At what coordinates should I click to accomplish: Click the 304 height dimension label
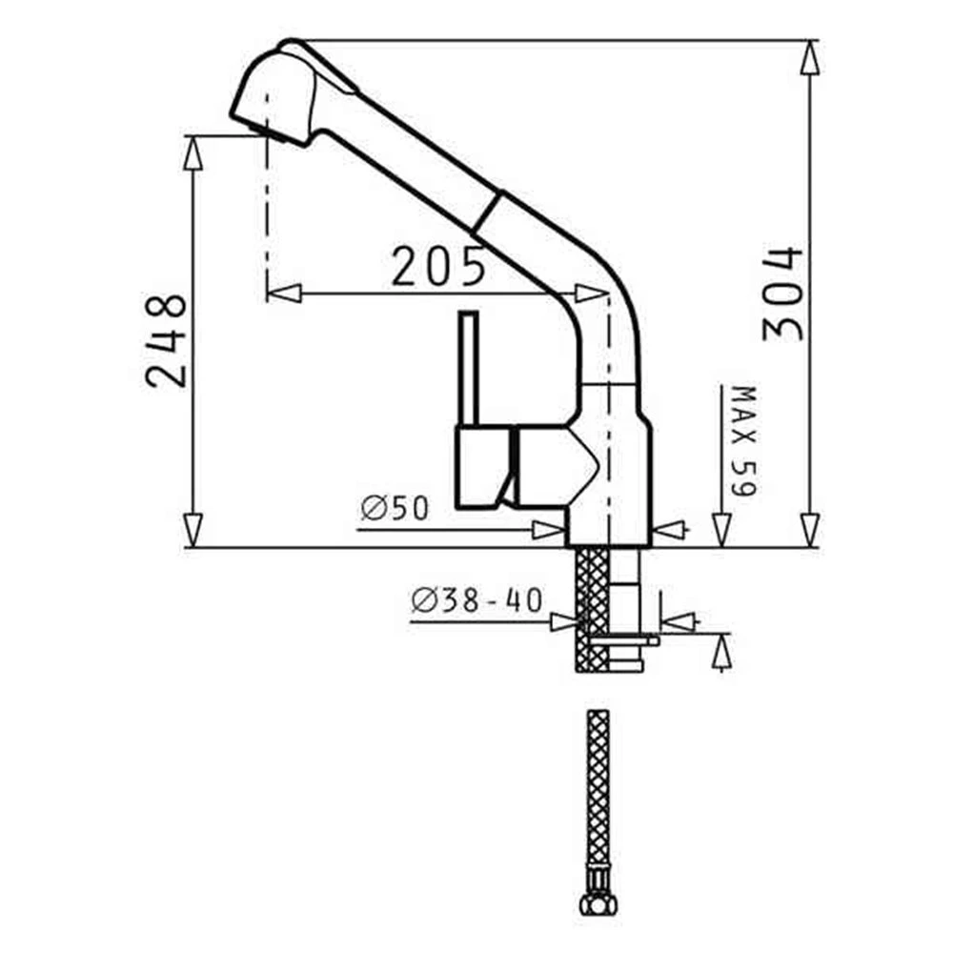(x=782, y=294)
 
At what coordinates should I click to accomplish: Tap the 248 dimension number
(x=165, y=340)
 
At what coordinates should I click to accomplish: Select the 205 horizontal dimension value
(x=438, y=266)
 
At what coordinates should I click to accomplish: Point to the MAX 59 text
(x=743, y=440)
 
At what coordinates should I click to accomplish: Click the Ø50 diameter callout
(x=395, y=508)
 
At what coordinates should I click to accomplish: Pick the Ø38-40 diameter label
(x=476, y=600)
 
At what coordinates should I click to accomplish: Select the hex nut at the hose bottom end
(x=598, y=904)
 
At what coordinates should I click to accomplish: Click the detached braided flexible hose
(x=598, y=802)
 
